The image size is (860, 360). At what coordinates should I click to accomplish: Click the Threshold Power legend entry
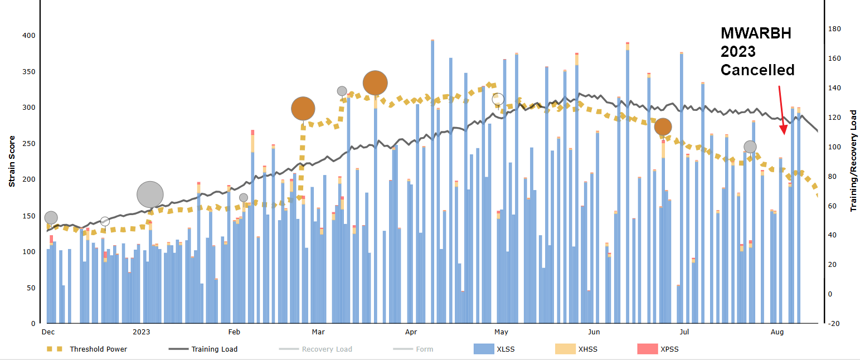pyautogui.click(x=98, y=349)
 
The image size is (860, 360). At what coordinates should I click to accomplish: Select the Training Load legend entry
pyautogui.click(x=214, y=349)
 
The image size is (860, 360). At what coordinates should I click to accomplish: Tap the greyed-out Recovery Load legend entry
pyautogui.click(x=327, y=349)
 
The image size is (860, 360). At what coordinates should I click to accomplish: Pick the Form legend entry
pyautogui.click(x=424, y=349)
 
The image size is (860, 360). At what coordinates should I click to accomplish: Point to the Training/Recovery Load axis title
pyautogui.click(x=853, y=160)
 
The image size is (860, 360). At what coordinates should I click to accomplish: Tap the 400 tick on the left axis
pyautogui.click(x=28, y=36)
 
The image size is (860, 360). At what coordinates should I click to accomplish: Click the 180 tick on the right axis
pyautogui.click(x=834, y=29)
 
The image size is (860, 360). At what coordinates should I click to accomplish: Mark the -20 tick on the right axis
pyautogui.click(x=834, y=323)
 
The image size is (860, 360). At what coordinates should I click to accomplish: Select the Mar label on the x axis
pyautogui.click(x=318, y=332)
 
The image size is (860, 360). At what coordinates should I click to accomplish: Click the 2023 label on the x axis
pyautogui.click(x=142, y=332)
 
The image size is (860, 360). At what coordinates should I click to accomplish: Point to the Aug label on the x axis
pyautogui.click(x=777, y=332)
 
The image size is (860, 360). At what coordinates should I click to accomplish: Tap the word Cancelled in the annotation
pyautogui.click(x=757, y=70)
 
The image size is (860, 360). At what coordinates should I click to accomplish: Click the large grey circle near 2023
pyautogui.click(x=150, y=194)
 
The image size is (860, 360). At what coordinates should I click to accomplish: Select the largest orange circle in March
pyautogui.click(x=375, y=83)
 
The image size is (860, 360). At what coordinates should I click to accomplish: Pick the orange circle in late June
pyautogui.click(x=663, y=127)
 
